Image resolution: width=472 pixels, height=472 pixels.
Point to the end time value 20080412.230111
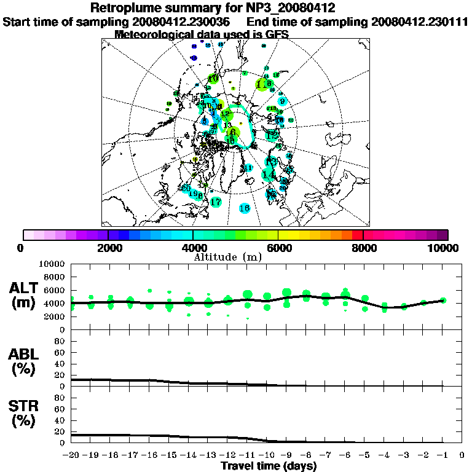pyautogui.click(x=419, y=22)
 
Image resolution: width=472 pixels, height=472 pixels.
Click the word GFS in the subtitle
pyautogui.click(x=276, y=34)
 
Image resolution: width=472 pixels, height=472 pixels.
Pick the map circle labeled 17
pyautogui.click(x=215, y=202)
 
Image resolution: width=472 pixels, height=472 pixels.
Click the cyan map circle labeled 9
pyautogui.click(x=282, y=101)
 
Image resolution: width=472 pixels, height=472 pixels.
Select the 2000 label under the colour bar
pyautogui.click(x=108, y=248)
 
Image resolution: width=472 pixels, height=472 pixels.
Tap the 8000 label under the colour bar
pyautogui.click(x=363, y=248)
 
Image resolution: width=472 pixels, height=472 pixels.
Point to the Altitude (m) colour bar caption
pyautogui.click(x=228, y=257)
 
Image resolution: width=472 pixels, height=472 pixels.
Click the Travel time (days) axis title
pyautogui.click(x=269, y=466)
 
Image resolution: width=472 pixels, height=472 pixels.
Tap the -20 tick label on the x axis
pyautogui.click(x=71, y=455)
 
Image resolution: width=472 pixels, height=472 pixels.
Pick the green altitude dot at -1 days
pyautogui.click(x=442, y=301)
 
